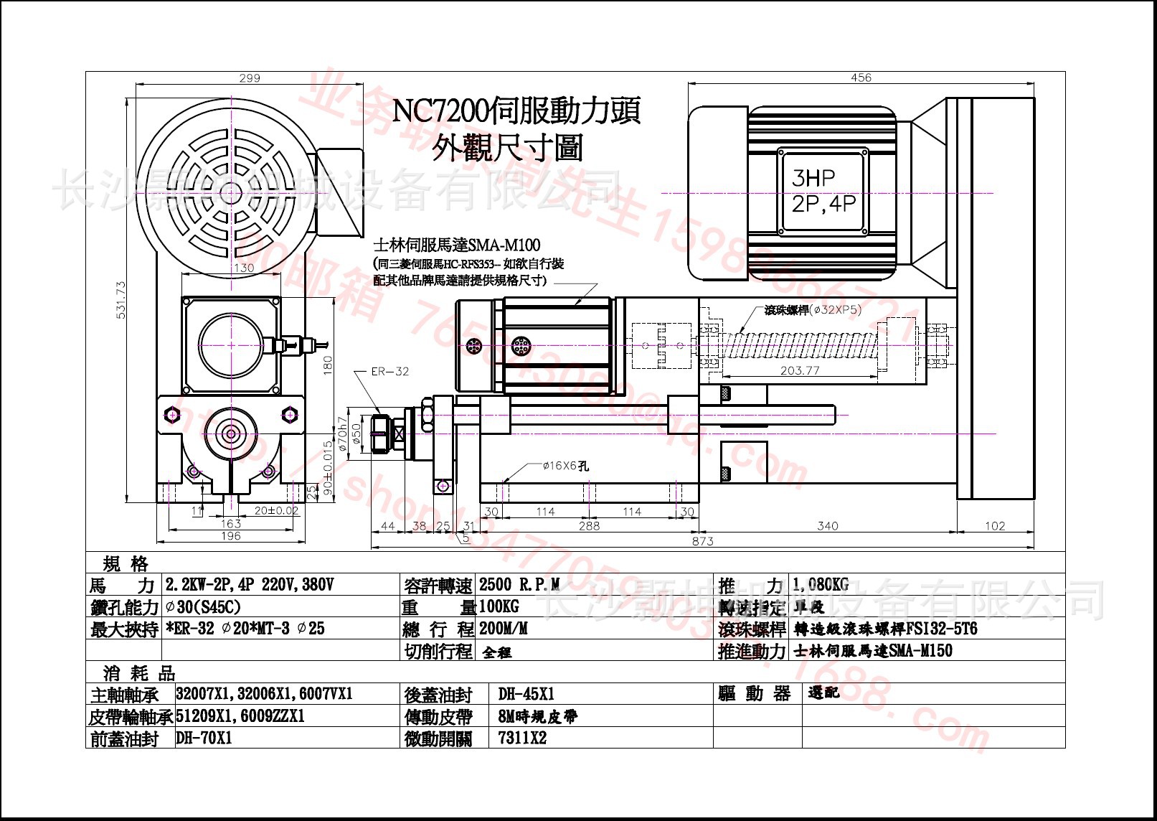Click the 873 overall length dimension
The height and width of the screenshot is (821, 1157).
pos(702,541)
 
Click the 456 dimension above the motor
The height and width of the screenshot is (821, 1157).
pos(860,78)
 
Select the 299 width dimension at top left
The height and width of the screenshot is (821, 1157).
pos(249,78)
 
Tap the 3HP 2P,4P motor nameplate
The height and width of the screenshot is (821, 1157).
pos(823,191)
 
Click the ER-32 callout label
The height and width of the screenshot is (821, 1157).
pos(389,371)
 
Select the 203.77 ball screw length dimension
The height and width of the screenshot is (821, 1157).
pos(799,370)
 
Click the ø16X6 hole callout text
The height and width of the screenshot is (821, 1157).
pos(565,466)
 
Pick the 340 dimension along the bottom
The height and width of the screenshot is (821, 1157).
pos(827,526)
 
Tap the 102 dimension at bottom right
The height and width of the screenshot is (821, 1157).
pos(994,526)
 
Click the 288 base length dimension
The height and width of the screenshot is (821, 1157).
pos(588,526)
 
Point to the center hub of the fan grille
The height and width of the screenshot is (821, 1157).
pos(231,192)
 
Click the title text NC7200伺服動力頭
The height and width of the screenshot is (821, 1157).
pos(516,111)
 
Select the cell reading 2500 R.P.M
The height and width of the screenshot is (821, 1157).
pos(519,585)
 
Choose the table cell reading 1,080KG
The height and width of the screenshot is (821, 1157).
pos(820,585)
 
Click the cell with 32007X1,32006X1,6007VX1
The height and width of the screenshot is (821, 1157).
pos(264,694)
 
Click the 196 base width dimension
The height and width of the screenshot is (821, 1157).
pos(230,536)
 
